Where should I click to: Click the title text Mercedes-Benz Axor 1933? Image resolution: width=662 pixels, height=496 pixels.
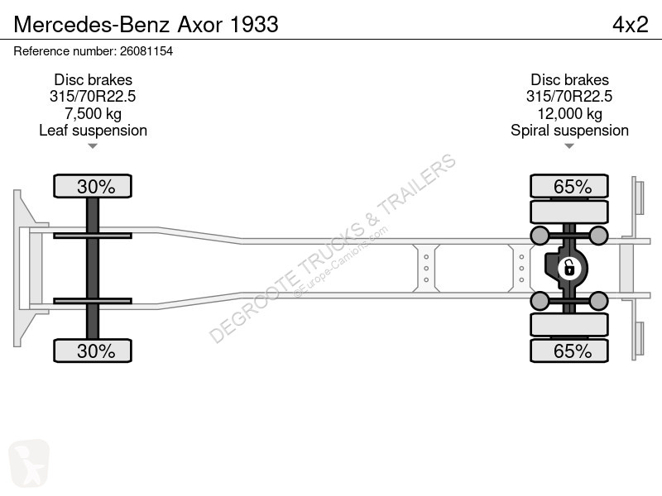point(146,25)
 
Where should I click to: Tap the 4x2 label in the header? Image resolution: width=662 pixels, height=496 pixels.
point(630,25)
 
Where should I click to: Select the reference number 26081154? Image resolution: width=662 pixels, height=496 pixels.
point(146,51)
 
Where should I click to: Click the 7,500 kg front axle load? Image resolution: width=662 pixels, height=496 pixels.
point(93,113)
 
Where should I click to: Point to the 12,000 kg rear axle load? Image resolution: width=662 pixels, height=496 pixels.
point(569,113)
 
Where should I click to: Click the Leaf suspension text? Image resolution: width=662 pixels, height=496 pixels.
point(93,131)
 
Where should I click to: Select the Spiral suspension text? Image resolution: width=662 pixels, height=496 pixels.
point(569,131)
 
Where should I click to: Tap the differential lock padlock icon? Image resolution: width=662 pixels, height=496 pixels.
point(569,268)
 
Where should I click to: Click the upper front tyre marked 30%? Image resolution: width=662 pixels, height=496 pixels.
point(93,186)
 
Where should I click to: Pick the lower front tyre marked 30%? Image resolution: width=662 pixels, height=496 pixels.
point(93,351)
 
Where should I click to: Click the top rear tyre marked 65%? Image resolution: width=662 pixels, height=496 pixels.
point(569,186)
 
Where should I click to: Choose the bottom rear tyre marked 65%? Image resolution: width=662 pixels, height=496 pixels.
point(569,351)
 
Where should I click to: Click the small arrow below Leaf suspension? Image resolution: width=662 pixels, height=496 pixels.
point(93,146)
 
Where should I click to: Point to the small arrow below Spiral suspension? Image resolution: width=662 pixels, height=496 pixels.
point(569,146)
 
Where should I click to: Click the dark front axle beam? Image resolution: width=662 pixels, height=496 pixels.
point(93,268)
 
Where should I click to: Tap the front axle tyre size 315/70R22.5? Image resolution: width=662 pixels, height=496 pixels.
point(93,97)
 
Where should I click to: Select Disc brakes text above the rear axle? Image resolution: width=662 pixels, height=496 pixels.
point(569,79)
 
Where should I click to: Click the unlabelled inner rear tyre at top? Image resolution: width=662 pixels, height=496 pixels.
point(569,212)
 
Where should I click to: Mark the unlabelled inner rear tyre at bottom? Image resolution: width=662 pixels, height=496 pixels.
point(569,324)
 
